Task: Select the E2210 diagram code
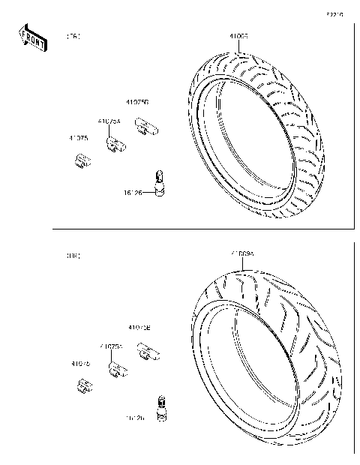coord(334,14)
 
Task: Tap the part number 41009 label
coord(238,35)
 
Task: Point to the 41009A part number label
coord(242,254)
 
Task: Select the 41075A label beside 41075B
coord(109,120)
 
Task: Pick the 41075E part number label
coord(139,327)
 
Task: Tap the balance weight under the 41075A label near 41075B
coord(114,144)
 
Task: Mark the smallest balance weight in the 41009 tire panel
coord(84,160)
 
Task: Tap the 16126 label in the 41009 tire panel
coord(133,193)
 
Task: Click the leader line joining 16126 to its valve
coord(148,192)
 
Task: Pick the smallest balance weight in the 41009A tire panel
coord(84,385)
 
